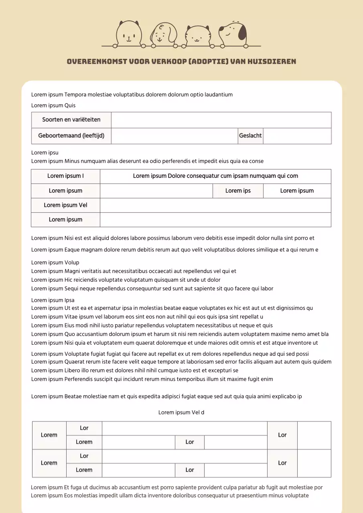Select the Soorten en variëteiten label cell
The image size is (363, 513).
(71, 120)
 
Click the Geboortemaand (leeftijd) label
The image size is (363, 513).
(71, 136)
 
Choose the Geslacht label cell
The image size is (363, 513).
(250, 136)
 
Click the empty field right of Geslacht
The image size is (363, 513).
(297, 136)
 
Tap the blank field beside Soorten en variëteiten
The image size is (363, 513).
(221, 120)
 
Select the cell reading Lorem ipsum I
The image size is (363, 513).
(65, 176)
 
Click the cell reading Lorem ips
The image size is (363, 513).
(238, 191)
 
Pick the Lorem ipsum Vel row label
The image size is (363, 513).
(65, 205)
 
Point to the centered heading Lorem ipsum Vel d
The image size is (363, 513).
(181, 412)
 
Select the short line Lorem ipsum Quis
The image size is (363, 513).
(53, 105)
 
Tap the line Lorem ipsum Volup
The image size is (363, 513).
(55, 263)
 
